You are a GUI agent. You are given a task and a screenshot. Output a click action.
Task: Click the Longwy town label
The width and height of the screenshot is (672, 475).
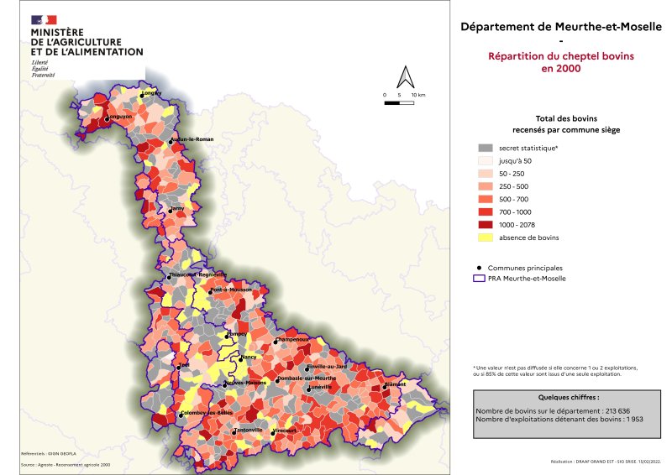tap(151, 92)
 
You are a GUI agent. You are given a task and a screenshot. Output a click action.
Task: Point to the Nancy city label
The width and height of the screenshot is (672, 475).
tap(248, 358)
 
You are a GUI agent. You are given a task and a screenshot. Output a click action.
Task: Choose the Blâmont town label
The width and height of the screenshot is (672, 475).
tap(395, 384)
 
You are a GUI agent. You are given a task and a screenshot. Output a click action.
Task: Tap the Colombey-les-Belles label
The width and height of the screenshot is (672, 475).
tap(207, 412)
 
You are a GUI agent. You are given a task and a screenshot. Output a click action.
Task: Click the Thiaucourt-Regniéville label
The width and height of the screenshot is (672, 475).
tap(198, 274)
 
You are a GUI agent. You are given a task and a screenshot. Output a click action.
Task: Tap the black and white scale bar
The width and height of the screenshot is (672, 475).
tap(400, 103)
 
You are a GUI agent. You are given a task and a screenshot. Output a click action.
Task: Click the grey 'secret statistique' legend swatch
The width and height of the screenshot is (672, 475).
tap(483, 147)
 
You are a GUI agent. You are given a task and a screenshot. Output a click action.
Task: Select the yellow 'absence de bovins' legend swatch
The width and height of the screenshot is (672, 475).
tap(483, 237)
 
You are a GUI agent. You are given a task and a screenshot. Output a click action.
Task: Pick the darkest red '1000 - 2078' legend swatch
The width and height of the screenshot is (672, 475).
tap(483, 224)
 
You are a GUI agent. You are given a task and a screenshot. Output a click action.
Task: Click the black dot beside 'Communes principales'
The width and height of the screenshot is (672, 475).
tap(480, 267)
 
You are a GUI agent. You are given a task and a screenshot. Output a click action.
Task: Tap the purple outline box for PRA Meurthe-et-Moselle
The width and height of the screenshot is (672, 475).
tap(483, 278)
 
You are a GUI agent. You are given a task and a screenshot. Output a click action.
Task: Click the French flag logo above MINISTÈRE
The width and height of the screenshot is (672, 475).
tap(44, 19)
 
